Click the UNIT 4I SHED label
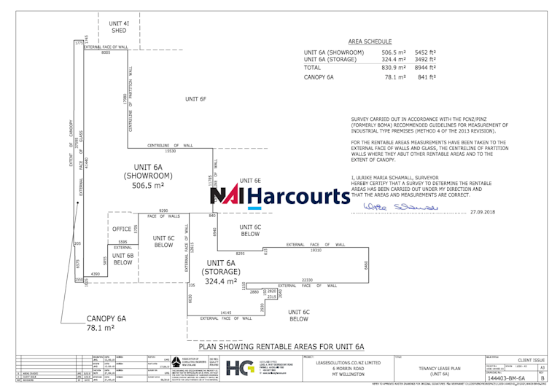tap(119, 27)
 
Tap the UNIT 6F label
tap(195, 98)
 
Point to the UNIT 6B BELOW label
tap(122, 259)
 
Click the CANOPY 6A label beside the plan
tap(106, 318)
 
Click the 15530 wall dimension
tap(171, 151)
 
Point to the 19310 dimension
tap(316, 250)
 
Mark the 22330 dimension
tap(307, 280)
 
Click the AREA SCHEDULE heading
tap(370, 42)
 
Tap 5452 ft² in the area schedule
tap(425, 52)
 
